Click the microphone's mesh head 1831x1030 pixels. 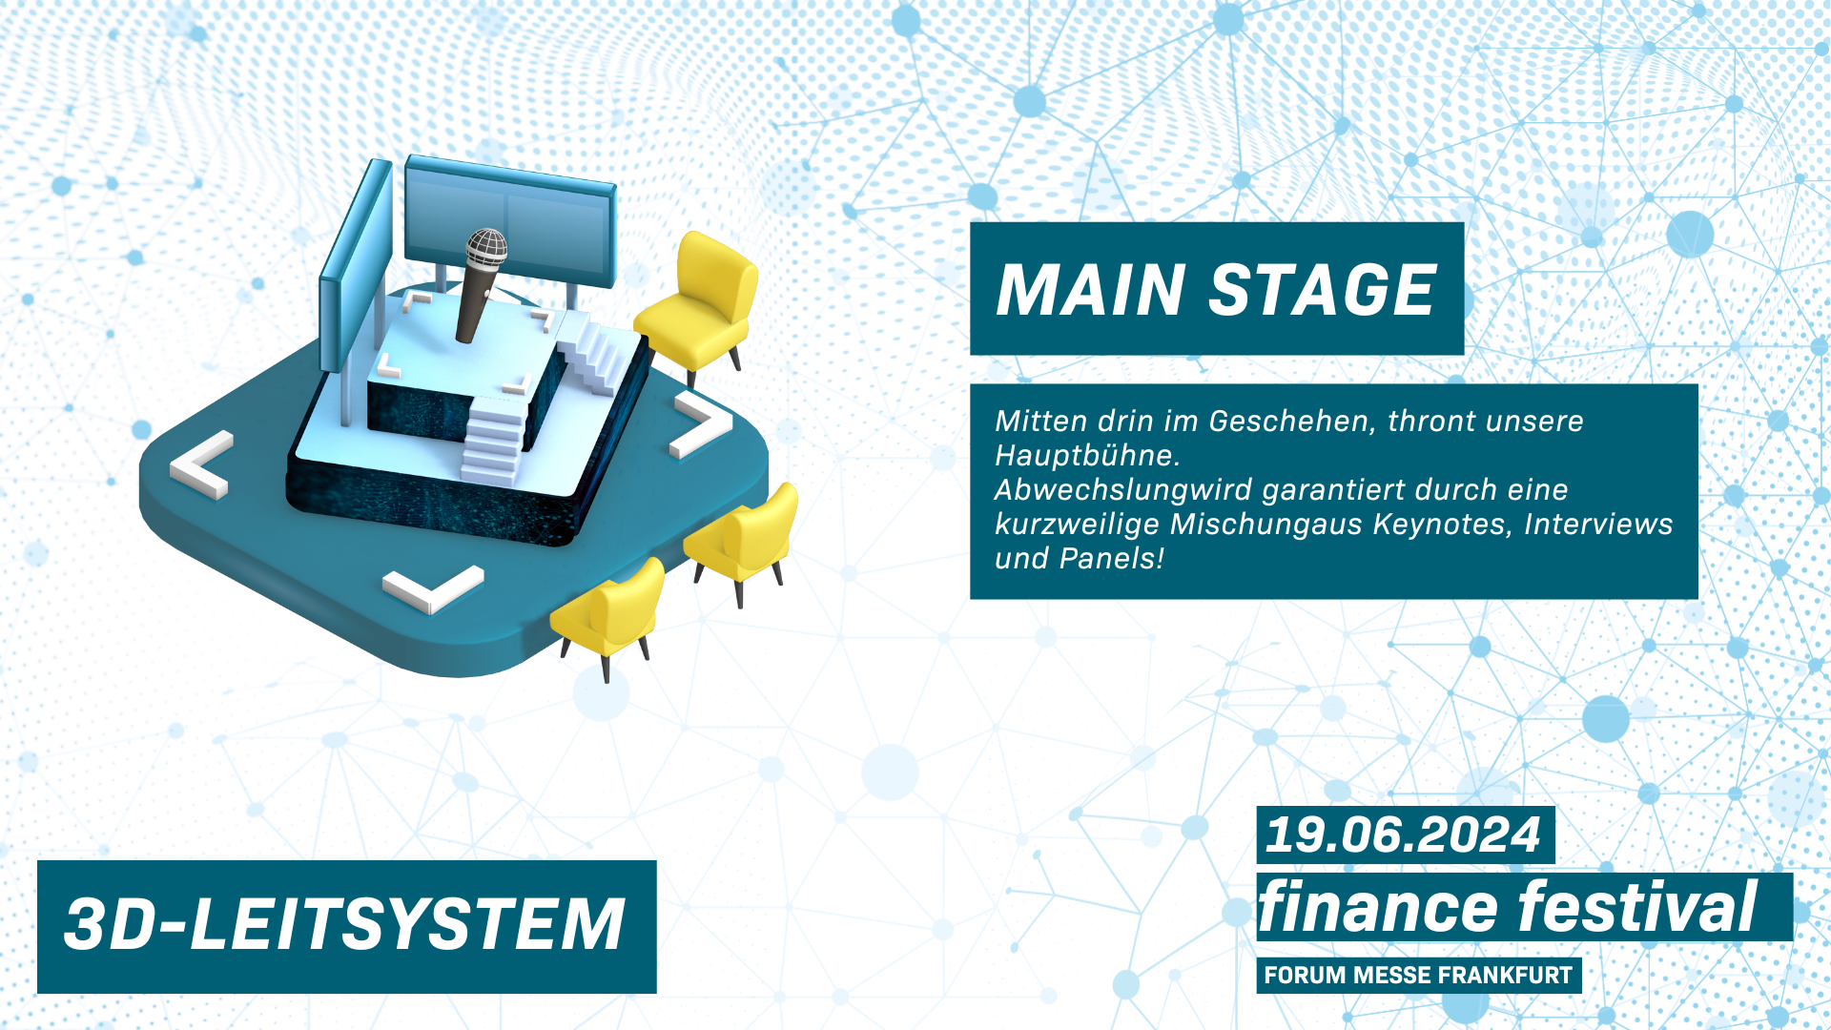coord(486,247)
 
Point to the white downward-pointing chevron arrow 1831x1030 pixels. coord(433,589)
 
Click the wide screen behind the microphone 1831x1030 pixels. coord(509,221)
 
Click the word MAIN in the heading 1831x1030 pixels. coord(1090,290)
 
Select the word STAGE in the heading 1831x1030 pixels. coord(1323,290)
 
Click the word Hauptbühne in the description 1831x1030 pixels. coord(1087,456)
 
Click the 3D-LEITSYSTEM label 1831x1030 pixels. coord(344,925)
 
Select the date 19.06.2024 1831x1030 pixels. coord(1403,835)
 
